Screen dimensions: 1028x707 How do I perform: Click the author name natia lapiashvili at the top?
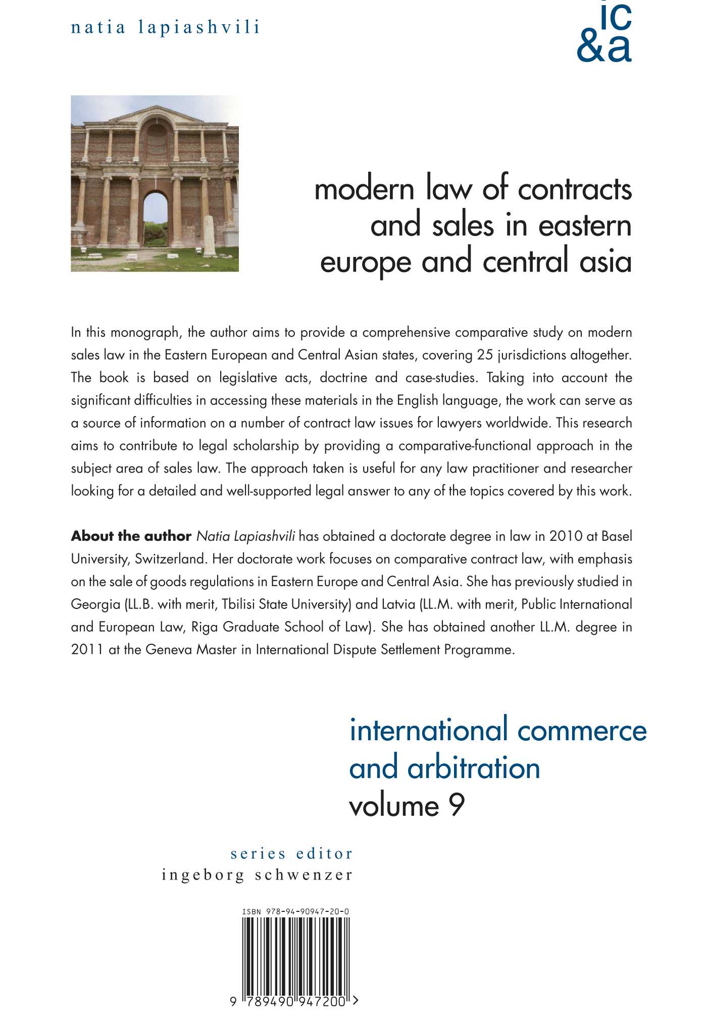click(x=165, y=27)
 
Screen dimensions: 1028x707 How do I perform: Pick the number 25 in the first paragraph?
click(x=485, y=355)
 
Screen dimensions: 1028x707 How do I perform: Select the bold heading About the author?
click(x=131, y=536)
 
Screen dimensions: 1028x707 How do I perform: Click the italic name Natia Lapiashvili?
click(x=245, y=536)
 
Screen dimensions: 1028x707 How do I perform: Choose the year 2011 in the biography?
click(x=87, y=650)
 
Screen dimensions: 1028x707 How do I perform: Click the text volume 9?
click(x=407, y=805)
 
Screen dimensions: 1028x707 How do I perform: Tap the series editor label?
click(x=291, y=854)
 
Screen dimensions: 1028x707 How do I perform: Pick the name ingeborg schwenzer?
click(x=257, y=875)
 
